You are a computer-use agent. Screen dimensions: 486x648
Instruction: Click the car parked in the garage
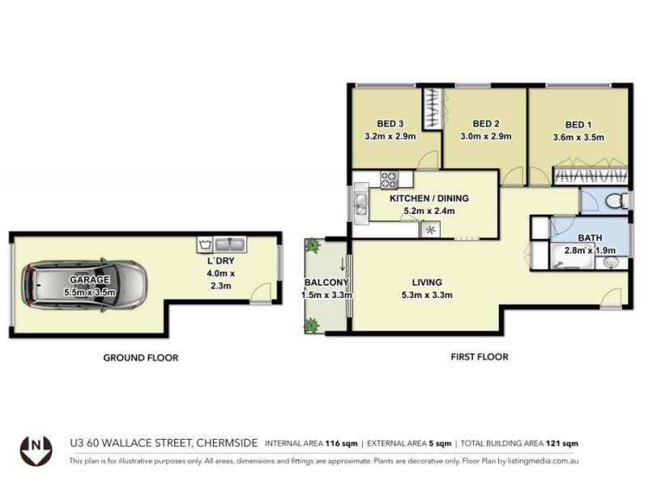click(x=86, y=283)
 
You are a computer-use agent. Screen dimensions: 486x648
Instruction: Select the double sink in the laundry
click(x=235, y=243)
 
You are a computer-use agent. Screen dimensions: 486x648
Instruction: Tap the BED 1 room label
click(x=578, y=125)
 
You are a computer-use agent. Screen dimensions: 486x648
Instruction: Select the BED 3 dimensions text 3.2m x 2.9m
click(x=390, y=136)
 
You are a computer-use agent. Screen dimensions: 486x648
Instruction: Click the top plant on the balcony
click(x=313, y=246)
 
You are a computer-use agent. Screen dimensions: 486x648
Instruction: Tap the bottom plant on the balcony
click(x=312, y=325)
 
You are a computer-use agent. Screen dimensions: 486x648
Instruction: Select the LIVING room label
click(x=427, y=283)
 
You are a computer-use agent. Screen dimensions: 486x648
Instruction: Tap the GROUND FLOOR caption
click(x=140, y=357)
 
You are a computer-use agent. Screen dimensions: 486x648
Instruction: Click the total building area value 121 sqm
click(x=562, y=443)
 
